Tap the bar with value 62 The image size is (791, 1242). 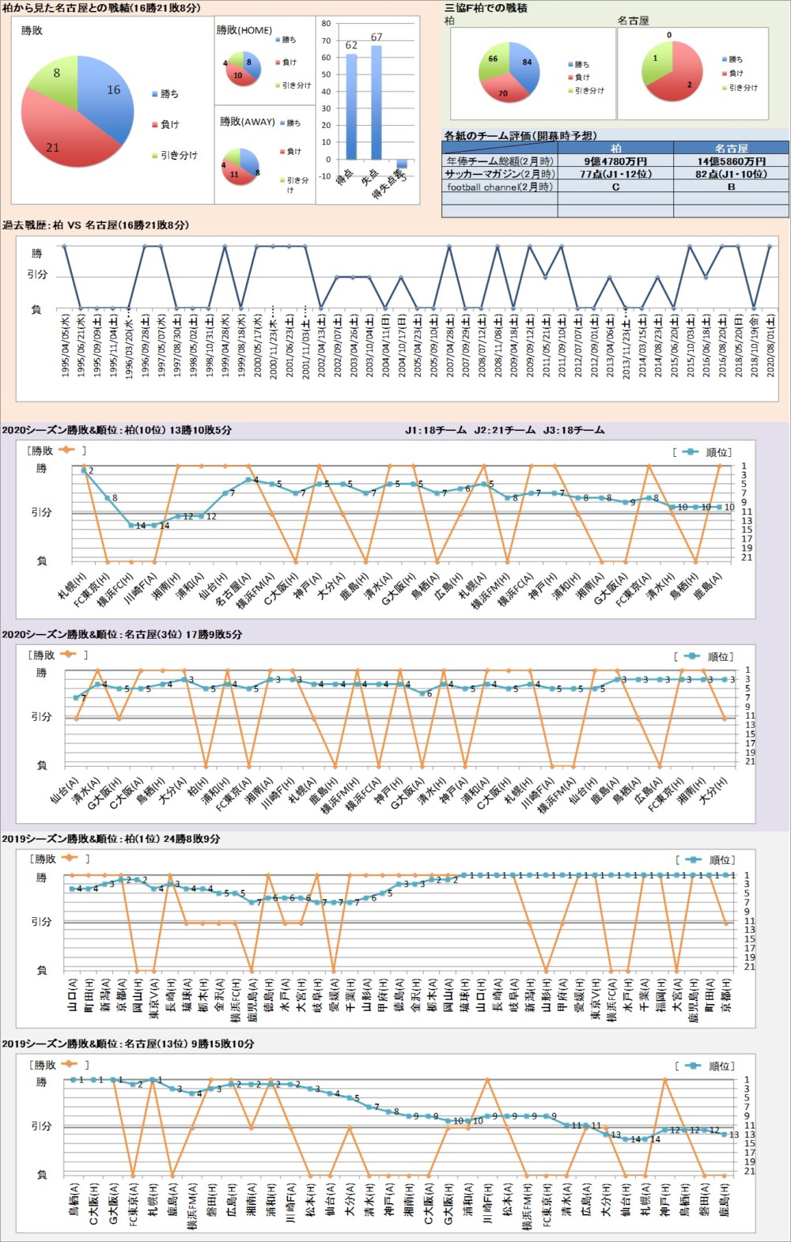coord(351,107)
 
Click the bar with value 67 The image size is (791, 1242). coord(377,103)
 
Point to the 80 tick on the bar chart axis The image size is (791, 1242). coord(326,24)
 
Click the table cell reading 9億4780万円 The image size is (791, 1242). coord(615,161)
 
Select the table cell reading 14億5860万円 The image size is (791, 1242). coord(731,161)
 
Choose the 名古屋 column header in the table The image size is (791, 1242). coord(731,148)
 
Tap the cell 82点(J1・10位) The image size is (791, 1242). coord(731,174)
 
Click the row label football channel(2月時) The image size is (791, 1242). coord(500,187)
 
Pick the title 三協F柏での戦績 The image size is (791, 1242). coord(486,8)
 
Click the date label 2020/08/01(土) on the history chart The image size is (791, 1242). coord(770,345)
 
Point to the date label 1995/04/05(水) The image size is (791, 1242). coord(65,345)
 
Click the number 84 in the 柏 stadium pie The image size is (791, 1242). coord(527,62)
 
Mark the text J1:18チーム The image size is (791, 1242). coord(436,431)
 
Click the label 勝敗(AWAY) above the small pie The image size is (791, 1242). coord(247,122)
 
